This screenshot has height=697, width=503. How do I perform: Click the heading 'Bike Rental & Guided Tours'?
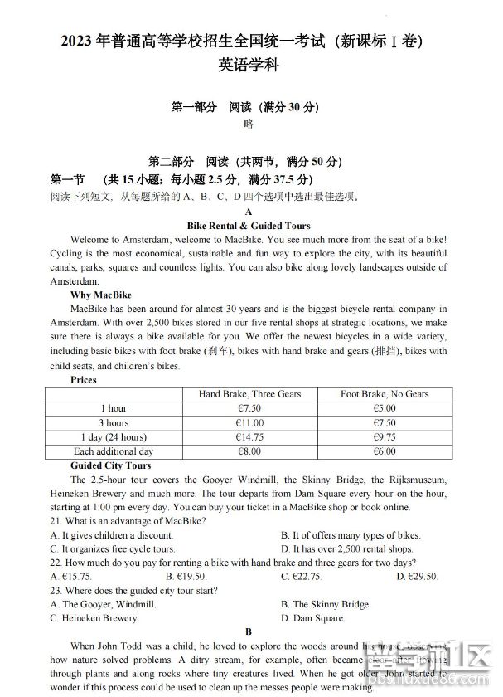pyautogui.click(x=249, y=226)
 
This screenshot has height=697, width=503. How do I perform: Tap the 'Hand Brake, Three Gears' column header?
pyautogui.click(x=249, y=394)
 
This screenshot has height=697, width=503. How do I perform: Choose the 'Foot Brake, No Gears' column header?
pyautogui.click(x=385, y=394)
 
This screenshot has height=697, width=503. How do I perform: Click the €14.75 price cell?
pyautogui.click(x=249, y=437)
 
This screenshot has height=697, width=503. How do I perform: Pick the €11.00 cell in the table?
pyautogui.click(x=249, y=423)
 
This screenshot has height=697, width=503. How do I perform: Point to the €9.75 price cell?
pyautogui.click(x=385, y=437)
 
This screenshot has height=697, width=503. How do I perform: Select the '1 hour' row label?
pyautogui.click(x=114, y=408)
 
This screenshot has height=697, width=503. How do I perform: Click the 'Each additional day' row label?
pyautogui.click(x=114, y=451)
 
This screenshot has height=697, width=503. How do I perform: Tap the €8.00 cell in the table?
pyautogui.click(x=249, y=451)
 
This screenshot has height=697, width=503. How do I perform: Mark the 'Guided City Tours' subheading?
pyautogui.click(x=111, y=466)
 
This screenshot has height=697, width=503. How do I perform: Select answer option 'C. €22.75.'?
pyautogui.click(x=301, y=576)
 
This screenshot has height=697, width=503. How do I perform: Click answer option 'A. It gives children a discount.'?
pyautogui.click(x=112, y=535)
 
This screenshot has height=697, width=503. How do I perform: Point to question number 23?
pyautogui.click(x=56, y=590)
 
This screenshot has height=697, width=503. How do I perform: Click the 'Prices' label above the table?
pyautogui.click(x=84, y=380)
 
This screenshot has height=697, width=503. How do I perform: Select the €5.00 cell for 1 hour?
pyautogui.click(x=385, y=408)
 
